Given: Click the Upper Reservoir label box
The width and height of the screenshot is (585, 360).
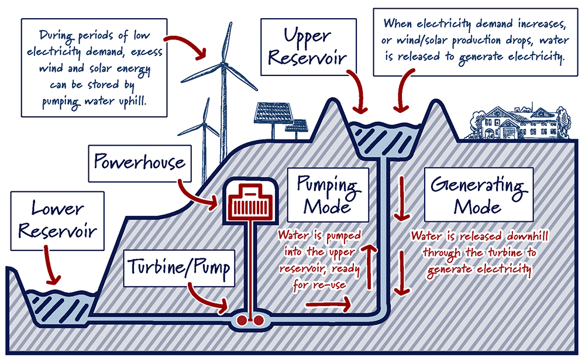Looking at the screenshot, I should pyautogui.click(x=308, y=47).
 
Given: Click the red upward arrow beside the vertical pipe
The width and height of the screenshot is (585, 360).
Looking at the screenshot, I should pyautogui.click(x=369, y=266).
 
